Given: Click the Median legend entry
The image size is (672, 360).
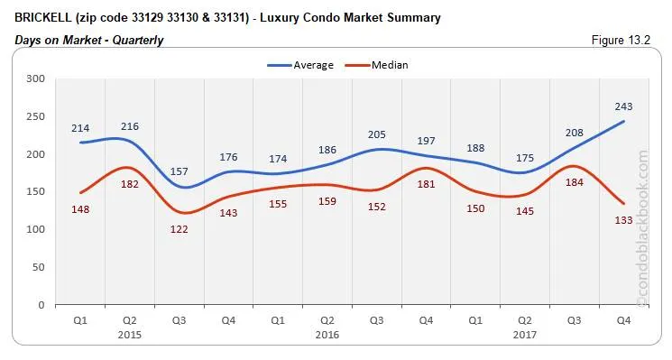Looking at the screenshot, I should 389,65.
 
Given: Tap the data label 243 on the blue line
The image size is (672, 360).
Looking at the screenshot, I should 621,105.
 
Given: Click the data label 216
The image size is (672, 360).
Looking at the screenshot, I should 130,126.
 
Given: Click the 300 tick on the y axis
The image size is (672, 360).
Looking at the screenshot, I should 36,78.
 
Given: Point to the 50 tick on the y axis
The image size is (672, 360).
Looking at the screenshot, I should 39,267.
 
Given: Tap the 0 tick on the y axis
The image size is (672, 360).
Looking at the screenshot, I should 41,305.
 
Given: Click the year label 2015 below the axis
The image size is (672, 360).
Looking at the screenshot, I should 130,334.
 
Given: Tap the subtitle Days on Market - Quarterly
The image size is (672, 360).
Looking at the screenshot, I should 89,41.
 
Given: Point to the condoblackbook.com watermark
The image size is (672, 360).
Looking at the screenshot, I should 642,230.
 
